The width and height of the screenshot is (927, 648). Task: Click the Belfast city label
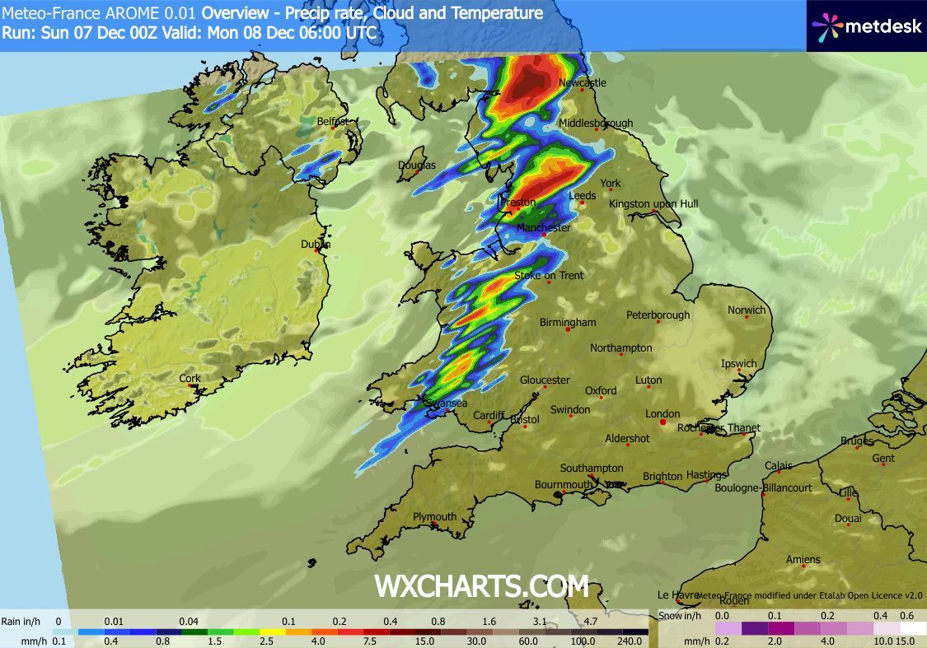pos(333,122)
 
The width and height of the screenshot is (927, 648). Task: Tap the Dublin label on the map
pos(316,244)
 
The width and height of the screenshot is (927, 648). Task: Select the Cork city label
pos(190,379)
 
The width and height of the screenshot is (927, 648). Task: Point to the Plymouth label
pos(434,517)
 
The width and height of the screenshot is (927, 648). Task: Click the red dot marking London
pos(663,422)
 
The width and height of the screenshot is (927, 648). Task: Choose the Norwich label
pos(747,310)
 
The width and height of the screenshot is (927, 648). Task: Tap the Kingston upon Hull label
pos(653,203)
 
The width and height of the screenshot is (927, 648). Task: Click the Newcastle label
pos(582,82)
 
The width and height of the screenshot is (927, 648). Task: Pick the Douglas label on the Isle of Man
pos(417,165)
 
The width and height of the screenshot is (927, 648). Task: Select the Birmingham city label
pos(568,322)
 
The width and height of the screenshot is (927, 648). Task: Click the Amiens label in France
pos(803,560)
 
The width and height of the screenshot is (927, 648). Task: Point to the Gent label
pos(883,458)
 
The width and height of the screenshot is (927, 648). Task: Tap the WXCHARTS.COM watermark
pos(482,586)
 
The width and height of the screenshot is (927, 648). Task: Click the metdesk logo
pos(865,26)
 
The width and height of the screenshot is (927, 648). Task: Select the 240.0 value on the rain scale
pos(629,641)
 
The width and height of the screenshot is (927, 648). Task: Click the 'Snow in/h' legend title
pos(681,616)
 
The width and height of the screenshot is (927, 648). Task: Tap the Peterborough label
pos(658,315)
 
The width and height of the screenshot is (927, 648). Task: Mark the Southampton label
pos(592,468)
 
